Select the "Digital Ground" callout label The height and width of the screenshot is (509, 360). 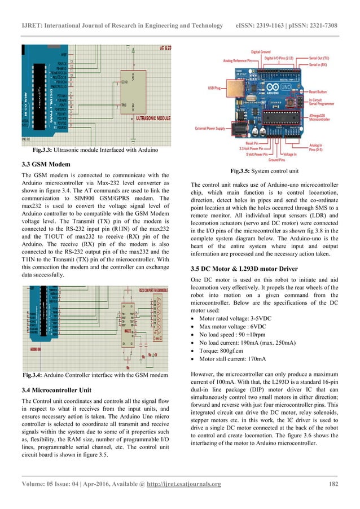(x=262, y=51)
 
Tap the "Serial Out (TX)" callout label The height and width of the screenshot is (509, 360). (x=321, y=58)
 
